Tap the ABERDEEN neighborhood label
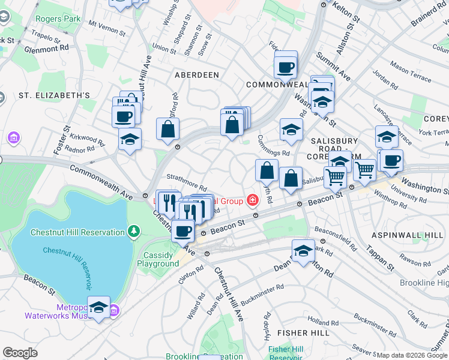(196, 75)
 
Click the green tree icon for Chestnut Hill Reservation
(133, 231)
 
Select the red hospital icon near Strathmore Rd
(253, 200)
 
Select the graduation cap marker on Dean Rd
(303, 251)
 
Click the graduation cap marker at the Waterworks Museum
(99, 308)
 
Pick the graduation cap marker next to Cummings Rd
(291, 130)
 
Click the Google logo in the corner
(20, 353)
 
